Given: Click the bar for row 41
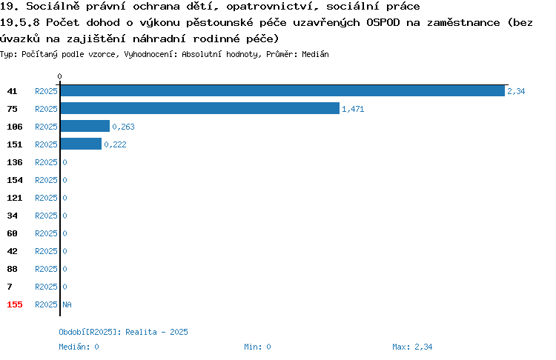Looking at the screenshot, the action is click(282, 90).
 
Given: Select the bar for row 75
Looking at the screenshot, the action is click(200, 108).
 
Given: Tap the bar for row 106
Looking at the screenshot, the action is click(85, 126).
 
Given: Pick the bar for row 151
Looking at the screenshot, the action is click(81, 144).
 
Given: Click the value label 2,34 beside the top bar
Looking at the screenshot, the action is click(516, 91).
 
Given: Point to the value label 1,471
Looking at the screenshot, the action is click(353, 109).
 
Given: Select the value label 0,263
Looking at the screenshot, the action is click(123, 127).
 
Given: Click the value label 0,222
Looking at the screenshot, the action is click(115, 144).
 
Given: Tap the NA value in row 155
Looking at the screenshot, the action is click(67, 304).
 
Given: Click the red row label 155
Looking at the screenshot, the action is click(15, 304).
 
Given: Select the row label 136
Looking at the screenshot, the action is click(15, 162).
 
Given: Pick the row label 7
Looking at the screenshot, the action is click(10, 287).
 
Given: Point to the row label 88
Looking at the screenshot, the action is click(12, 269).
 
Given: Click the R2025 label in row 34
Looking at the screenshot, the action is click(46, 216).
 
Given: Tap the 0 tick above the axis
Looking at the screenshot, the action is click(59, 76).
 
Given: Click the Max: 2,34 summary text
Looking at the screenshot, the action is click(412, 347).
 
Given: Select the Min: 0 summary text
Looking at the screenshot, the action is click(257, 347).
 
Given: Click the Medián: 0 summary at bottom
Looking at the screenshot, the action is click(79, 347).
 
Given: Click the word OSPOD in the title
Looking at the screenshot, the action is click(383, 23).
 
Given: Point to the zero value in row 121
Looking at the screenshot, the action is click(65, 198).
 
